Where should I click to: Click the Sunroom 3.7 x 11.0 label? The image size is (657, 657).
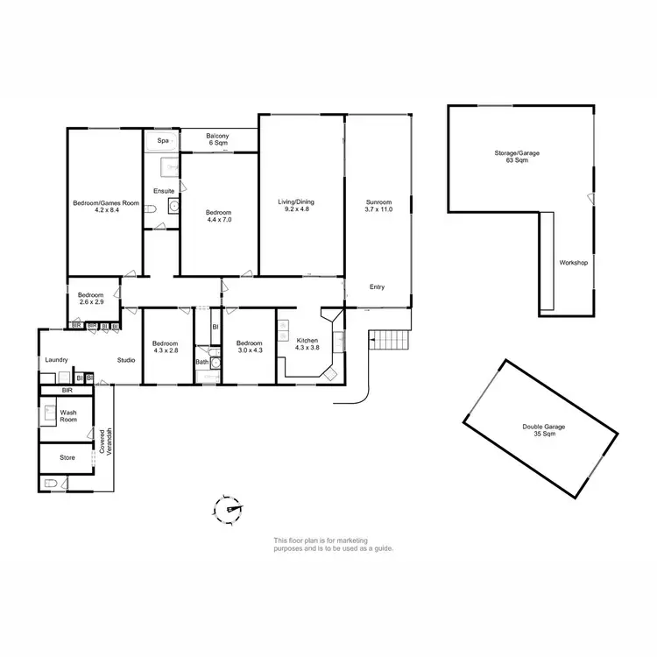tap(378, 205)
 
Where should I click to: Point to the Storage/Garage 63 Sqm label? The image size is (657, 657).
tap(516, 157)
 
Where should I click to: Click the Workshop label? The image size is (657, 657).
tap(573, 263)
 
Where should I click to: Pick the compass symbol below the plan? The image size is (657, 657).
tap(230, 507)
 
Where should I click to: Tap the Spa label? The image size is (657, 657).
tap(162, 140)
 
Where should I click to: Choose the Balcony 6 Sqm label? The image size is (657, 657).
tap(217, 139)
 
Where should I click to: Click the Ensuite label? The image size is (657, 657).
tap(164, 190)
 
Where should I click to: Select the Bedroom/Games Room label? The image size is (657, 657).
tap(105, 207)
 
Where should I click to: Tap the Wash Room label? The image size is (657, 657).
tap(68, 416)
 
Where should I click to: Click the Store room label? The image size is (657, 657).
tap(67, 457)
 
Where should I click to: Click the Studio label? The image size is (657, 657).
tap(126, 360)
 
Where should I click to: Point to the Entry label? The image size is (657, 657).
tap(377, 287)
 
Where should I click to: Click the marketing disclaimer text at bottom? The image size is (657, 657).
tap(333, 545)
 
